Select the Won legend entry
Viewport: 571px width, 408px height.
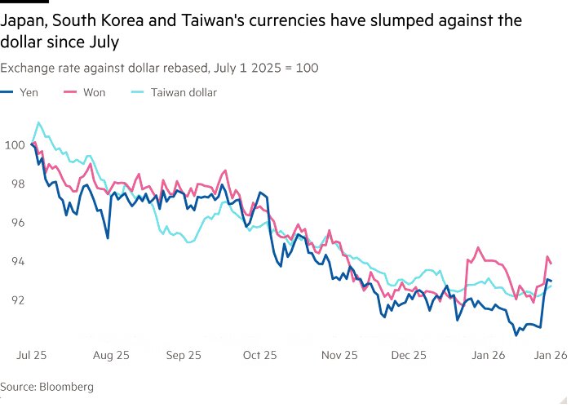[94, 92]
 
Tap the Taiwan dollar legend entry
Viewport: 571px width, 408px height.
[184, 92]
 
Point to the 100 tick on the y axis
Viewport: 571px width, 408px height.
[15, 145]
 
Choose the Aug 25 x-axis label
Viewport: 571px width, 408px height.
[110, 356]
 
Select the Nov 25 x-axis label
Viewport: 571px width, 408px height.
[339, 356]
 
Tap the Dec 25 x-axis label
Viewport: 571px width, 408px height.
[408, 356]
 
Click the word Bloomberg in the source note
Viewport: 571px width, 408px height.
[66, 386]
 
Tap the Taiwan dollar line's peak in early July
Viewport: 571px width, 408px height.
[38, 123]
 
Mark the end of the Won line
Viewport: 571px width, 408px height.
[551, 263]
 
